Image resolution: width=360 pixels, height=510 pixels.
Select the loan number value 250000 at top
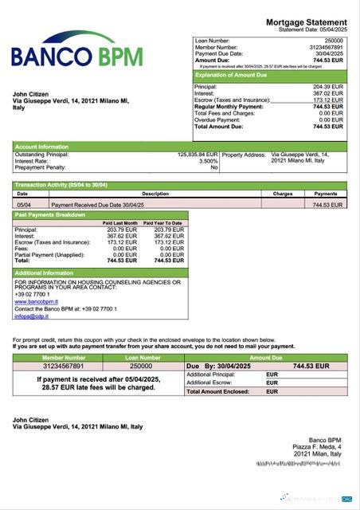334,39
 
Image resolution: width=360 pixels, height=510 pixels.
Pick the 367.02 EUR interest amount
328,93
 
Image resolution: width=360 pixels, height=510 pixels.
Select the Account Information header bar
41,147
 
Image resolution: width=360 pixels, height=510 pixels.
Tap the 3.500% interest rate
209,161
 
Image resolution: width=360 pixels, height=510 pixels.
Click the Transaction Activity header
61,185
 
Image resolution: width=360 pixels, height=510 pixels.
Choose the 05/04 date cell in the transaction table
24,205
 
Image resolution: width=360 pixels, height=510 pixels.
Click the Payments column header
326,194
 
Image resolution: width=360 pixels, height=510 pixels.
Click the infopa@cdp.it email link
31,316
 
